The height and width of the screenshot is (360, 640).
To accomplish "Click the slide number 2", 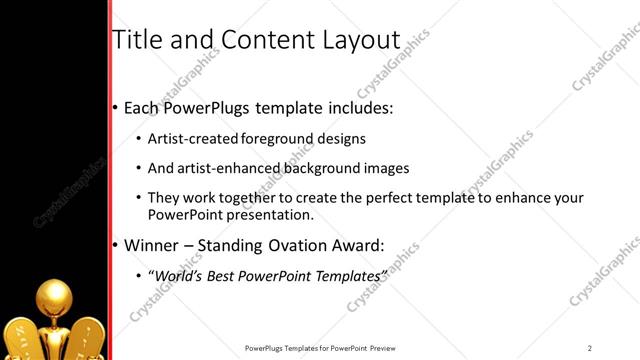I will coord(590,347).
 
